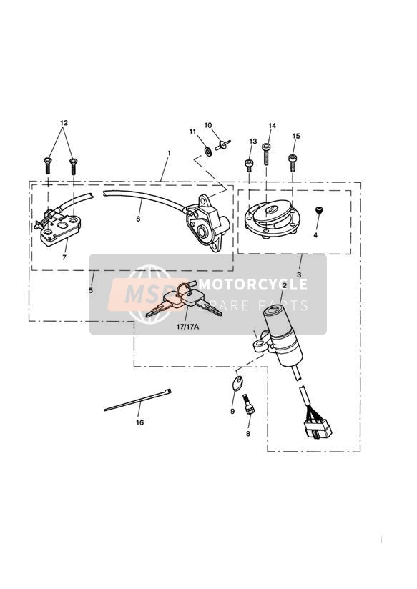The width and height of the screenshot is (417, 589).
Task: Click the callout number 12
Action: (x=64, y=123)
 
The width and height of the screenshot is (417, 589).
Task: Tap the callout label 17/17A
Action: (x=187, y=327)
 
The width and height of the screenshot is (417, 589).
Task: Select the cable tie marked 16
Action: (x=137, y=400)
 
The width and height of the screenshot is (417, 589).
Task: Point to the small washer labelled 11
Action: (x=207, y=152)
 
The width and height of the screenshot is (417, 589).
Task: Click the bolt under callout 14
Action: (x=267, y=154)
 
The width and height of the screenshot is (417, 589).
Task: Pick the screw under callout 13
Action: (x=249, y=165)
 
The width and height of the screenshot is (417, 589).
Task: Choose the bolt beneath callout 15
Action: (x=293, y=163)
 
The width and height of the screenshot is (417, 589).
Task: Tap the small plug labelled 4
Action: (x=319, y=211)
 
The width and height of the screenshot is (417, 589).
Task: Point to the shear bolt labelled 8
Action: (x=249, y=403)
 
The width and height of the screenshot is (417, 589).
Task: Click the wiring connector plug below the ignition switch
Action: (x=317, y=428)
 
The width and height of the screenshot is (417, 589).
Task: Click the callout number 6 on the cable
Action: (x=138, y=218)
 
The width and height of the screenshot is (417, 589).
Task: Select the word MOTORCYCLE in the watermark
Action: (x=253, y=284)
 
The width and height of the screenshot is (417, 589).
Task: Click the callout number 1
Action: (x=170, y=153)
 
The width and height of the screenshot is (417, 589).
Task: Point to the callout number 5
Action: (x=91, y=290)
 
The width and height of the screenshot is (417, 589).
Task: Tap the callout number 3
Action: (x=299, y=274)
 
